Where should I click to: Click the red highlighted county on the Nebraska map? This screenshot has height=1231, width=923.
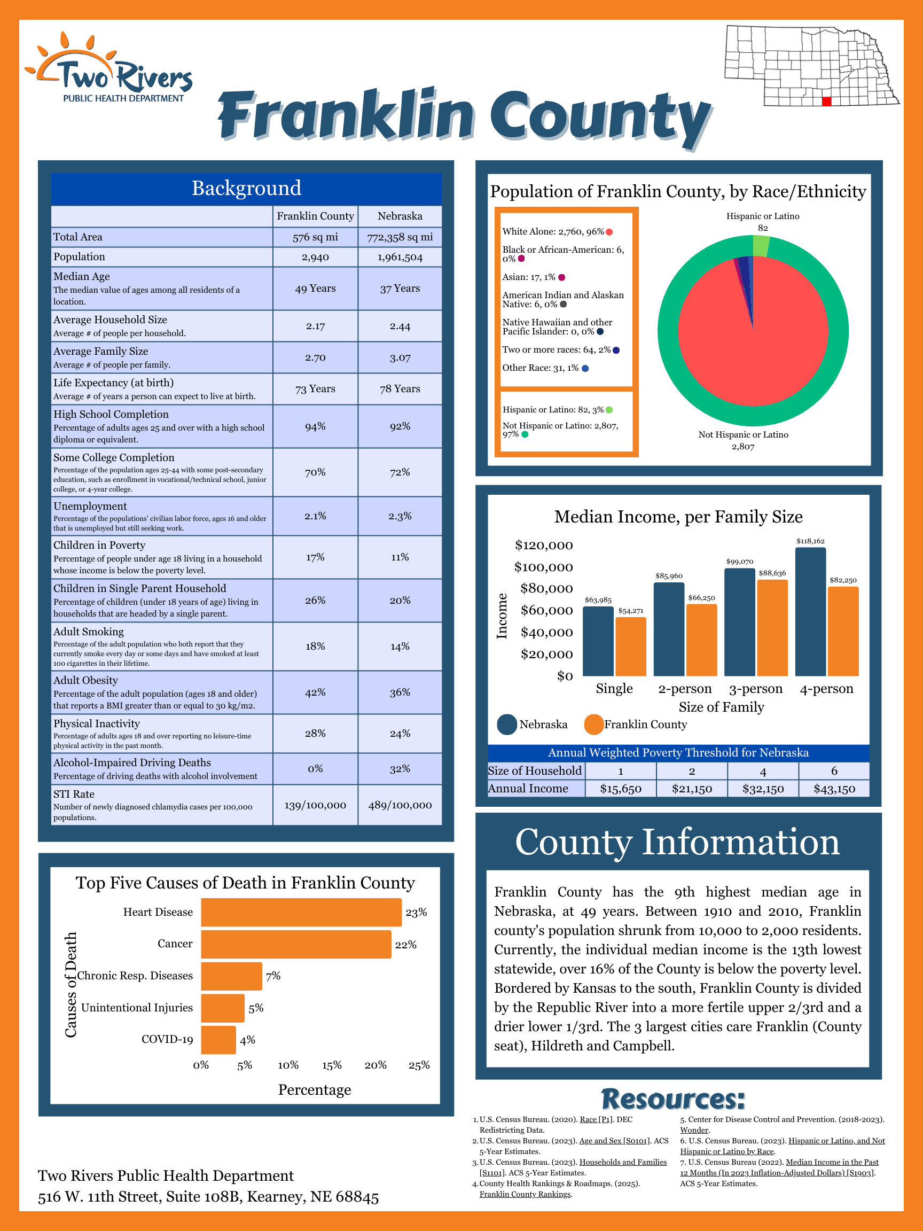click(826, 102)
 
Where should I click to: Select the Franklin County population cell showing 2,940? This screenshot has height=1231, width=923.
click(315, 257)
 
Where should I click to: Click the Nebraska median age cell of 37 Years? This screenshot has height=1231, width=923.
click(400, 289)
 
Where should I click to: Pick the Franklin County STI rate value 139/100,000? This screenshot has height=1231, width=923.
click(315, 805)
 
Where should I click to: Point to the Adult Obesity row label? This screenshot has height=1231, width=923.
click(85, 680)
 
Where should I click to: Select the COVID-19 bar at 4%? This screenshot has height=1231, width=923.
click(218, 1040)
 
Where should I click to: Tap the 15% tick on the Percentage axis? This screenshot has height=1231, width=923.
click(332, 1065)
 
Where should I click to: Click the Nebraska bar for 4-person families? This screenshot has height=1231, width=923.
click(810, 612)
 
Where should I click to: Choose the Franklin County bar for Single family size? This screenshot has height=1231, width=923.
click(630, 646)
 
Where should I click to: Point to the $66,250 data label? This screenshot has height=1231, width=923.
click(701, 598)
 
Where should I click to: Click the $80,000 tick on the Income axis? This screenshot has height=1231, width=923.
click(546, 589)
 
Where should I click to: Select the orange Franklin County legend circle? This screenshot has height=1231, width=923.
click(593, 724)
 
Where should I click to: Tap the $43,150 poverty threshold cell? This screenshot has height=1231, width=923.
click(833, 789)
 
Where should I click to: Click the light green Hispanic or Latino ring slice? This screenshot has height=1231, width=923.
click(761, 245)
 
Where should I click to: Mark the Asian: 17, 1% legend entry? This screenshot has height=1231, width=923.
click(529, 277)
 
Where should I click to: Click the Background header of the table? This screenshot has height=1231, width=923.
click(246, 189)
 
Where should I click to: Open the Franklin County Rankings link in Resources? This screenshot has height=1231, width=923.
click(525, 1194)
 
